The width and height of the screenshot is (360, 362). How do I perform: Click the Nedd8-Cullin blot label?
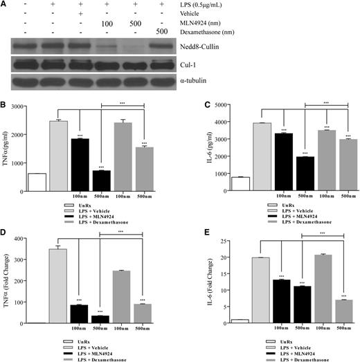point(307,48)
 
